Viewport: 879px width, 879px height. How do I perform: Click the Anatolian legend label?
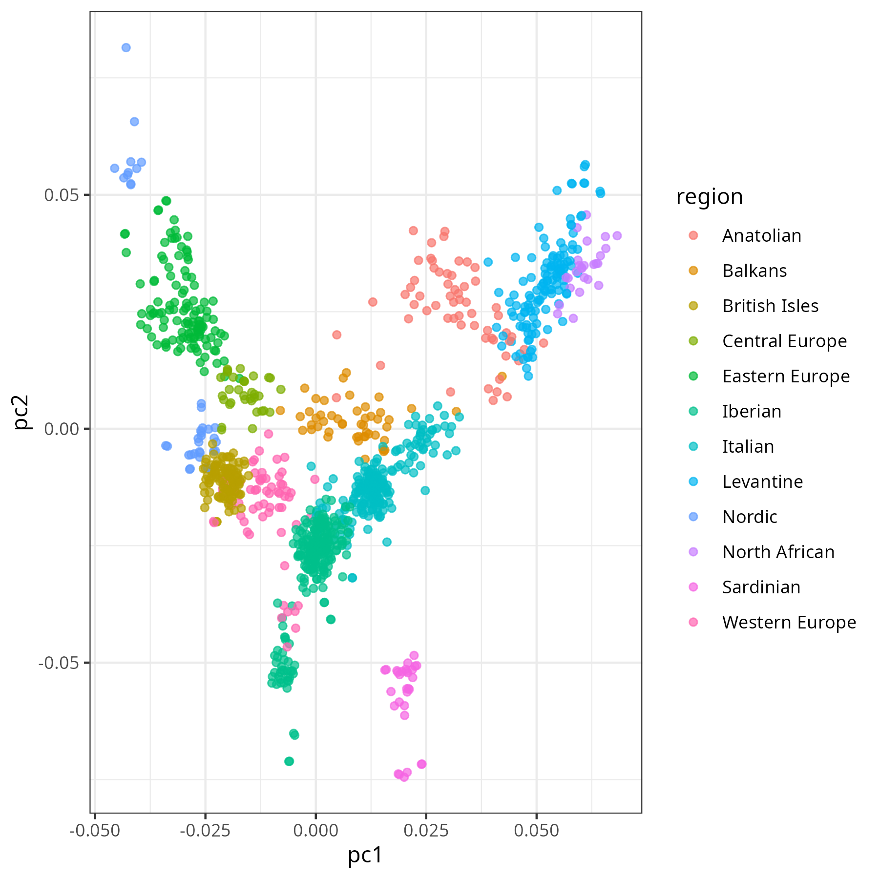coord(761,236)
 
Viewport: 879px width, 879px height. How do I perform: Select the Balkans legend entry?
coord(754,271)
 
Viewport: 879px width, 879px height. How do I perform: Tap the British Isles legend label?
coord(770,306)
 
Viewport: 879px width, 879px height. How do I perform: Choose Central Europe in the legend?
coord(784,341)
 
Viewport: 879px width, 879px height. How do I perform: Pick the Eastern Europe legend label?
coord(786,377)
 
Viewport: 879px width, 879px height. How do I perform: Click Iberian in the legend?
coord(752,412)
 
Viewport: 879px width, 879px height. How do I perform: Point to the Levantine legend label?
coord(762,482)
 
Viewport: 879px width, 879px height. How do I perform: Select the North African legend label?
coord(778,552)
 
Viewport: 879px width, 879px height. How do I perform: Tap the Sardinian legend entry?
coord(761,587)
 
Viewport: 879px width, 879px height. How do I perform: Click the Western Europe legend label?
coord(789,623)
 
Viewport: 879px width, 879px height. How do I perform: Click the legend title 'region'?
coord(709,197)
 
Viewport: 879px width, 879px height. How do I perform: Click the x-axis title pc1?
coord(365,856)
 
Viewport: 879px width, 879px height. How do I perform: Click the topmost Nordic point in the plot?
coord(126,47)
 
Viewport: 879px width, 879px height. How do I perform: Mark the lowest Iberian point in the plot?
coord(289,761)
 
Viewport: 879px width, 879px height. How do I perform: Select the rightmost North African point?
coord(617,236)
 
